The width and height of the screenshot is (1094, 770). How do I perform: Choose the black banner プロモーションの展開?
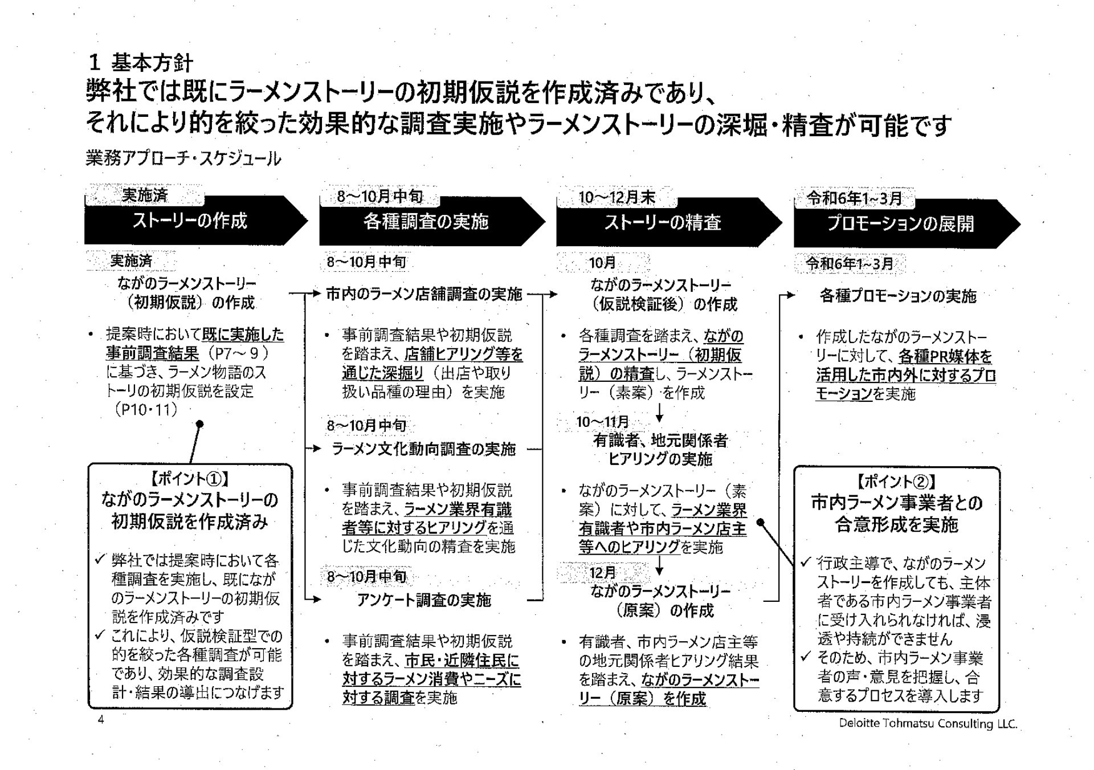[x=907, y=223]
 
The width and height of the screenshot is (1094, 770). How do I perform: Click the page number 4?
[x=101, y=719]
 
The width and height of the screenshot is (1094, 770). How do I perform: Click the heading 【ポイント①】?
[x=190, y=479]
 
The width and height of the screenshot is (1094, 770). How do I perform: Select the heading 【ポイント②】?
[x=897, y=482]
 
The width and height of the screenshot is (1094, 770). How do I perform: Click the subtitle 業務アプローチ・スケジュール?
[x=183, y=158]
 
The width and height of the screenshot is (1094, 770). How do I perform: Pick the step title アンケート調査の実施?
[x=424, y=600]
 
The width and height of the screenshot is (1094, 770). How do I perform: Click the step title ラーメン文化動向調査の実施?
[x=424, y=449]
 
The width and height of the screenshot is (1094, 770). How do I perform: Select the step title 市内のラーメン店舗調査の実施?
[x=424, y=294]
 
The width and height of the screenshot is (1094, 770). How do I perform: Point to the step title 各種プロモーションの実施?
[x=898, y=296]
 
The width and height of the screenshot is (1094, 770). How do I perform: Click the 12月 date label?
[x=603, y=572]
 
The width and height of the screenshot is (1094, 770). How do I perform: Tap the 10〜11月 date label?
[x=602, y=422]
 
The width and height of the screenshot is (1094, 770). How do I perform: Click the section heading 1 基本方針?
[x=142, y=62]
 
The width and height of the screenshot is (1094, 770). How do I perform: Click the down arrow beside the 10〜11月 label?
[x=659, y=413]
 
